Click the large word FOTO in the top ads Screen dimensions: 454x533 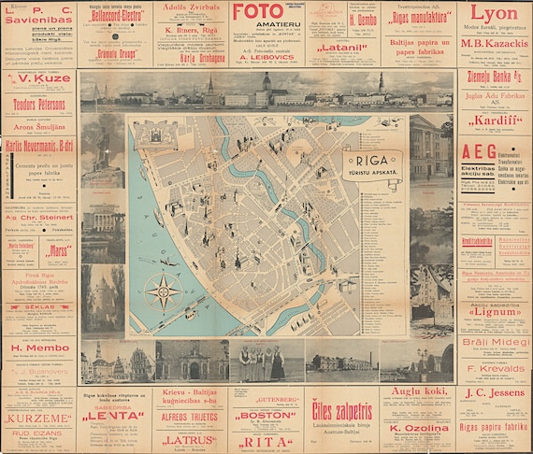coord(256,13)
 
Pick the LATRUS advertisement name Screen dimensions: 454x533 coord(190,438)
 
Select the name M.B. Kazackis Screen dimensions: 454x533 coord(494,44)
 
